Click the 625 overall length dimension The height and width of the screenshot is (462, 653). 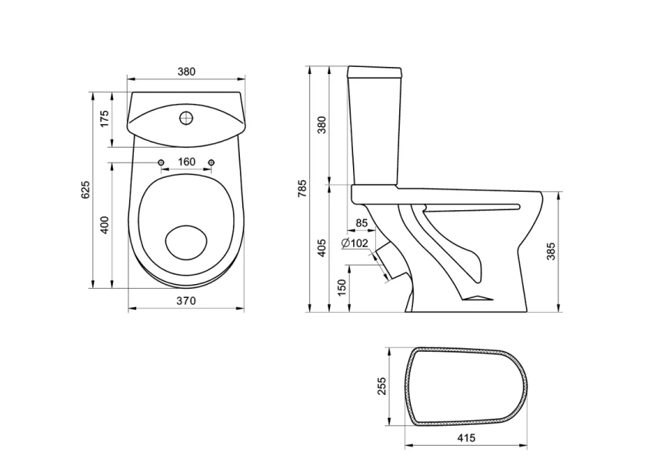[86, 189]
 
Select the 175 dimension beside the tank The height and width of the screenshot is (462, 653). [105, 119]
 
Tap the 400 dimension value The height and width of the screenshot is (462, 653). [105, 224]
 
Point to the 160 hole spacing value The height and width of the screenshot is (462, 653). [185, 162]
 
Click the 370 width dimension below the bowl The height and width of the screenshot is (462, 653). [185, 300]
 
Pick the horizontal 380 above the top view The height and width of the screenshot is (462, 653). [185, 72]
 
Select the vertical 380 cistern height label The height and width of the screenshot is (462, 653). [322, 126]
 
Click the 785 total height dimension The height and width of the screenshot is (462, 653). [302, 189]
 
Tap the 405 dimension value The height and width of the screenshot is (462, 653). [322, 246]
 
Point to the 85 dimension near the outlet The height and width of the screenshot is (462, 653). [361, 224]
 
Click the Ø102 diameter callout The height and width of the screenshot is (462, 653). [355, 243]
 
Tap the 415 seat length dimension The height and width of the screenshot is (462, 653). [466, 437]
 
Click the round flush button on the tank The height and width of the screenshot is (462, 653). [185, 119]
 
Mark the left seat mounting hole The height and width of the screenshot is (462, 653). [160, 162]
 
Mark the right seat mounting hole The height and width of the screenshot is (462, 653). [210, 162]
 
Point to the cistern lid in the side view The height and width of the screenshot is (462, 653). [376, 73]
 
